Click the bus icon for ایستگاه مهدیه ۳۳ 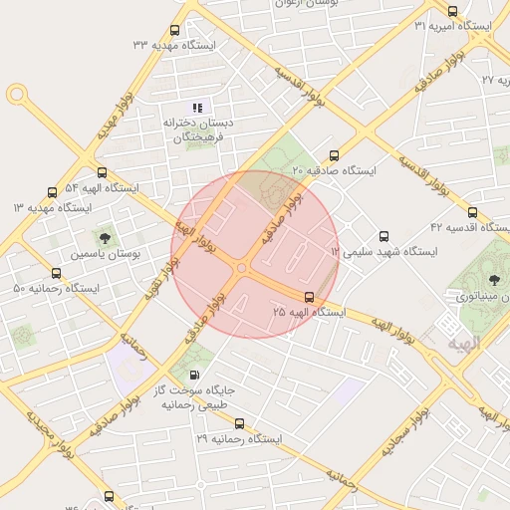175,31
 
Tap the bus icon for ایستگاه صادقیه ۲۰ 333,154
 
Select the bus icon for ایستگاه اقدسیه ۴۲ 471,211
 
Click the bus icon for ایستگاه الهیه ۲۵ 309,297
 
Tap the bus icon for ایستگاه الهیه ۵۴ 102,172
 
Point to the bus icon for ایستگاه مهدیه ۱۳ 52,192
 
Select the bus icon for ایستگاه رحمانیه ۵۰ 56,273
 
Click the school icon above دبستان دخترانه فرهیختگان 197,108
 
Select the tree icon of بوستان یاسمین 104,237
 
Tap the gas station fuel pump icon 193,375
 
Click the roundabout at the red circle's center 242,267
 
